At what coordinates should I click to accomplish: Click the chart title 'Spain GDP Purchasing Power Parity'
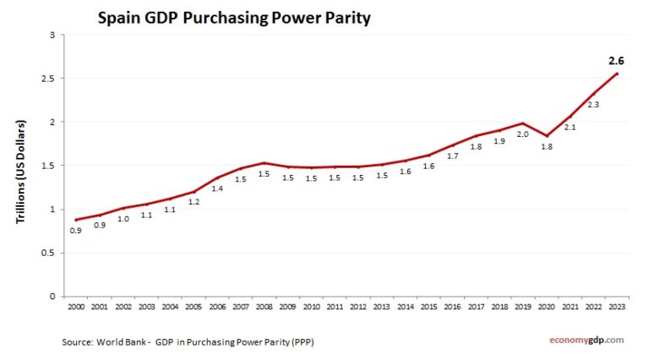(x=234, y=17)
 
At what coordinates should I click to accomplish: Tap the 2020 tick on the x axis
(x=547, y=307)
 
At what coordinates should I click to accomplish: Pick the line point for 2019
(x=524, y=123)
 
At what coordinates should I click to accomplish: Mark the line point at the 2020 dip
(x=547, y=136)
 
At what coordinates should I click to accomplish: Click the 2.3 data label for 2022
(x=593, y=105)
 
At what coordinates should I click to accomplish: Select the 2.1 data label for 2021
(x=570, y=128)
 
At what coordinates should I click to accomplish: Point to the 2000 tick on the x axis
(x=77, y=307)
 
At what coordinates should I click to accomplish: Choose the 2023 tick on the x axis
(x=619, y=307)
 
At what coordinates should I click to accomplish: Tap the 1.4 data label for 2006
(x=217, y=189)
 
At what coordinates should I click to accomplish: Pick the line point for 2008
(x=265, y=163)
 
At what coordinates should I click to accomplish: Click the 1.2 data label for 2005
(x=194, y=203)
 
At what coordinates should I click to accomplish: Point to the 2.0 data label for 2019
(x=523, y=134)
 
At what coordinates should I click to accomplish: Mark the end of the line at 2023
(x=619, y=74)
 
